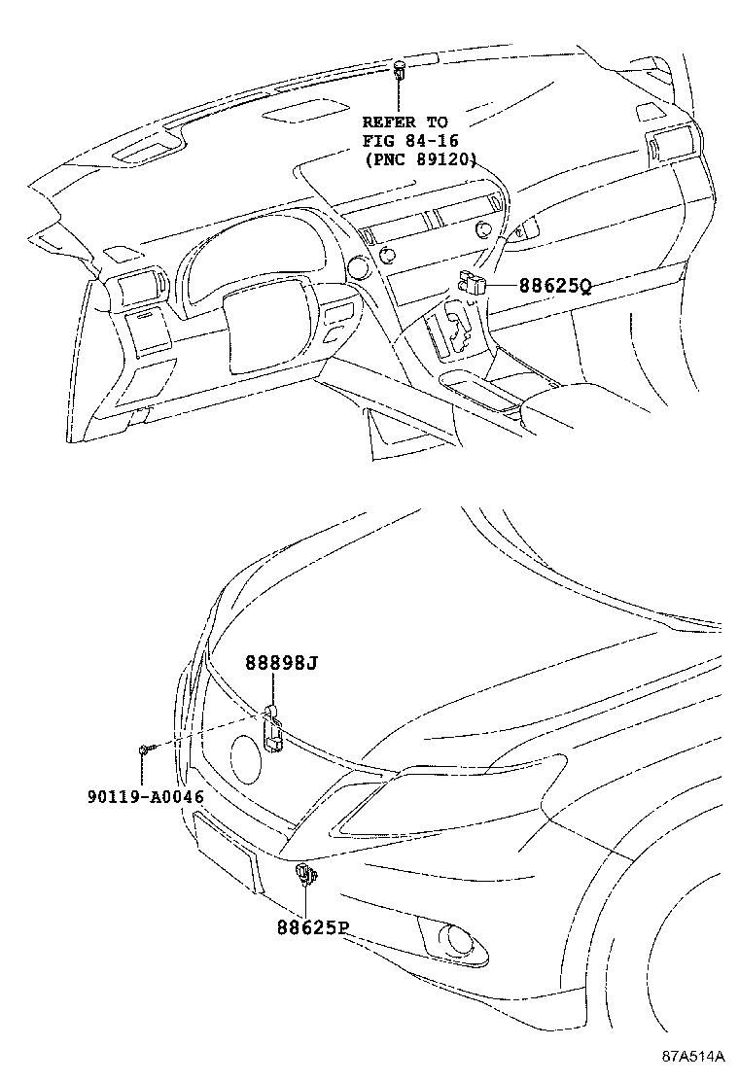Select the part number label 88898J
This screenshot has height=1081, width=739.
click(281, 663)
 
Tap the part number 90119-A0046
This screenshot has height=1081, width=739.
click(143, 796)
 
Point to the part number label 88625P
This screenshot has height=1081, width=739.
click(310, 927)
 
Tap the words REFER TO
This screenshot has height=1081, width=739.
click(405, 122)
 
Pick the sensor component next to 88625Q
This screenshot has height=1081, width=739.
click(473, 283)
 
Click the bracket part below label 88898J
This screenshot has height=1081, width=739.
click(273, 729)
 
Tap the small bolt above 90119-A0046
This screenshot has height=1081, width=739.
click(143, 750)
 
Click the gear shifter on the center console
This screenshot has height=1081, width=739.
click(453, 331)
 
